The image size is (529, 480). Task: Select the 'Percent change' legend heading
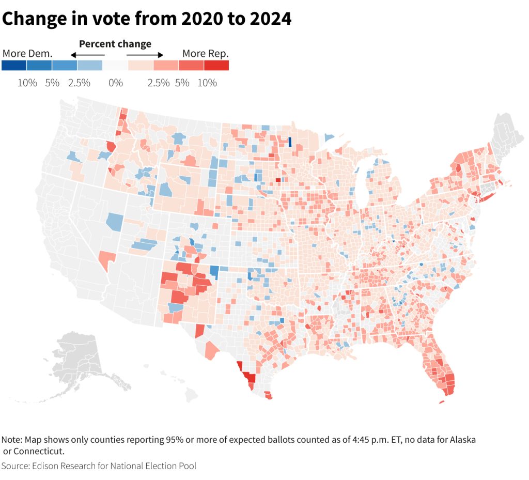pos(115,44)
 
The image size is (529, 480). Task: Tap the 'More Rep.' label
pos(205,53)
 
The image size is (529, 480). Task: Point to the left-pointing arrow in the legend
pos(87,55)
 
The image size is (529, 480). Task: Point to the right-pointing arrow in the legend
pos(145,55)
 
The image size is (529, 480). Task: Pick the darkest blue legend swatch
pos(14,66)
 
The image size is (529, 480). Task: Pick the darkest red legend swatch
pos(216,66)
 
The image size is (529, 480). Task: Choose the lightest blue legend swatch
pos(90,66)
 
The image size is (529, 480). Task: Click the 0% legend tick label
pos(115,83)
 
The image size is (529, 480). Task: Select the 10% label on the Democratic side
pos(27,83)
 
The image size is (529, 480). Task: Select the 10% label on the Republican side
pos(207,83)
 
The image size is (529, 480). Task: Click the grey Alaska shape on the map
pos(77,362)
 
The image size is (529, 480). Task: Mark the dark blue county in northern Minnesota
pos(290,142)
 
